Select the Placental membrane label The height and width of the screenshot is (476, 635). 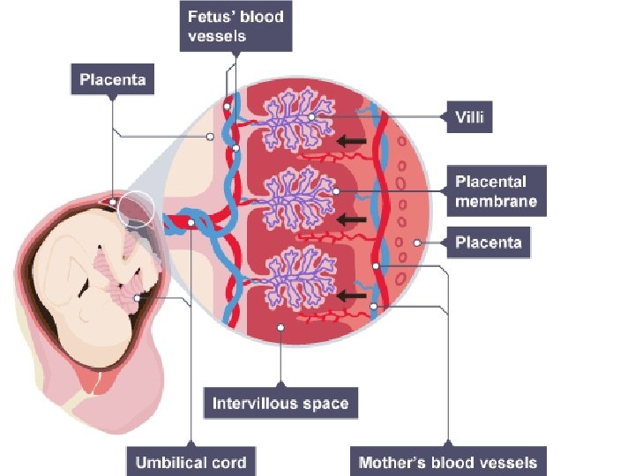496,191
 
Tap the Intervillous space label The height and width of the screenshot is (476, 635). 280,405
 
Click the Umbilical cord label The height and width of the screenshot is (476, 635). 191,461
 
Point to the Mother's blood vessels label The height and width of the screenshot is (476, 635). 448,461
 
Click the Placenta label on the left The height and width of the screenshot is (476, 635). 112,80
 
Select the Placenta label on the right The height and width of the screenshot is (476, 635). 489,242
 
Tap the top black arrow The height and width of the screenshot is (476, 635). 353,140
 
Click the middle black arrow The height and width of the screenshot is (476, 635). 353,219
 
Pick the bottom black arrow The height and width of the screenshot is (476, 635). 353,297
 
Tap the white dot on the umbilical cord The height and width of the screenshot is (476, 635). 191,222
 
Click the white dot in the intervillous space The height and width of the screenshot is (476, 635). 280,327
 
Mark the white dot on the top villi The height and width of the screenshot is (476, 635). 310,116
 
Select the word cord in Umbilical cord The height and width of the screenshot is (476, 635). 227,461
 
